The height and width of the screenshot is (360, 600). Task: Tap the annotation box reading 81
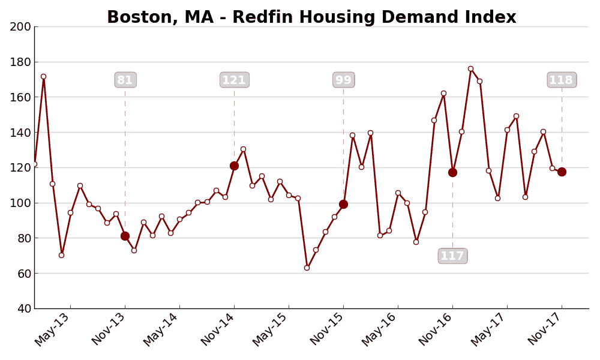click(x=125, y=80)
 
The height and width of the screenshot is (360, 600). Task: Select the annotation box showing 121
click(x=234, y=80)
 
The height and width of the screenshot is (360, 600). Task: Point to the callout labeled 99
click(x=343, y=80)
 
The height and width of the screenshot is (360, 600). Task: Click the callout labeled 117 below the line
click(x=452, y=256)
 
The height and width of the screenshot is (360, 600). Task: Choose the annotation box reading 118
click(x=562, y=80)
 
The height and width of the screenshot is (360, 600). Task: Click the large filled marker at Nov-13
click(x=125, y=236)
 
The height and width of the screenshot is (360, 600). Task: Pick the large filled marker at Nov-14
click(x=234, y=166)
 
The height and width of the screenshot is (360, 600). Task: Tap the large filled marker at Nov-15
click(x=343, y=204)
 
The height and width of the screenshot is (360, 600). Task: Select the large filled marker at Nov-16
click(x=452, y=172)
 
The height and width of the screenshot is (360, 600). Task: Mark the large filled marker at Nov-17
click(x=562, y=172)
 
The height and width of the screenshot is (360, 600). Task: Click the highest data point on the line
click(x=470, y=69)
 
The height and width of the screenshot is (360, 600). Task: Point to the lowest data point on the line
click(x=307, y=268)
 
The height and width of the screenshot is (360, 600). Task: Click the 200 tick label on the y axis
click(x=20, y=26)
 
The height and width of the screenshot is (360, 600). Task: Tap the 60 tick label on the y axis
click(x=23, y=274)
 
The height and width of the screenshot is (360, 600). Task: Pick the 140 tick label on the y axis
click(x=20, y=133)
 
